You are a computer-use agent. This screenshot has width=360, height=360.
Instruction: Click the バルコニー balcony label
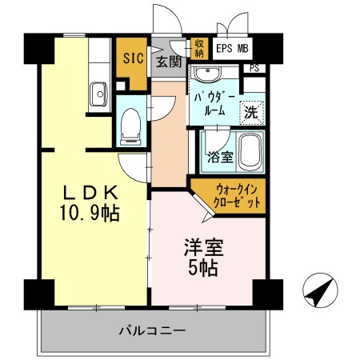point(152,330)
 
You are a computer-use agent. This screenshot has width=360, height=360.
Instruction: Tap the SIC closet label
point(133,58)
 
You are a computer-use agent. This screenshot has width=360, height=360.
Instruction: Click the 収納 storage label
point(199,48)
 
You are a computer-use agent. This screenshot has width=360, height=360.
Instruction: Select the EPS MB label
point(232,48)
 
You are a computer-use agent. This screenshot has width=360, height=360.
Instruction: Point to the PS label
point(255,69)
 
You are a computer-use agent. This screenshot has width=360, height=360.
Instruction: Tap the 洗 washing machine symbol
point(251,111)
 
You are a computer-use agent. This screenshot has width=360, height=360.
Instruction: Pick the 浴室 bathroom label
point(220,157)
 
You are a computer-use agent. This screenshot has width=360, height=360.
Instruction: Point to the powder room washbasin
point(210,74)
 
